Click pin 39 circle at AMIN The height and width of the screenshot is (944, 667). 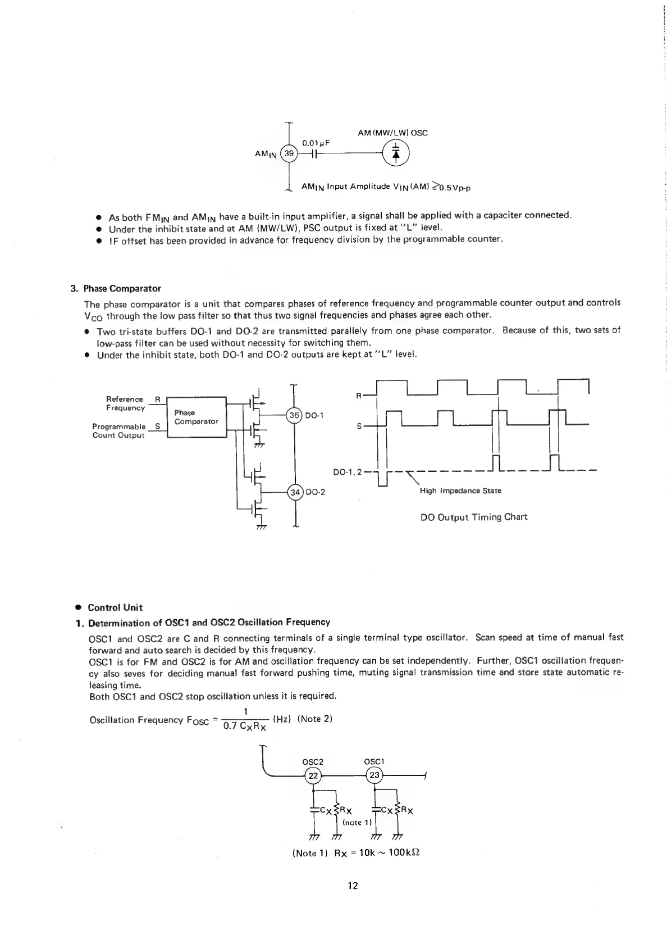tap(289, 153)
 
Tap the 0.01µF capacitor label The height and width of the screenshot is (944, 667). tap(315, 143)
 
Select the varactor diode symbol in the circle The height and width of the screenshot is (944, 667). tap(396, 153)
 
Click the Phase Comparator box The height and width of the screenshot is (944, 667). tap(196, 417)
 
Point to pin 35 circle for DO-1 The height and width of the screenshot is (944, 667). tap(294, 416)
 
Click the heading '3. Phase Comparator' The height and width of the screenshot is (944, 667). tap(116, 289)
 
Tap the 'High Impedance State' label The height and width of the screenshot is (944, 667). tap(460, 491)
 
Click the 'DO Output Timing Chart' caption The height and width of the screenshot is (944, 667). tap(474, 517)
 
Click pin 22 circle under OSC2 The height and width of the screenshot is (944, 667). tap(313, 775)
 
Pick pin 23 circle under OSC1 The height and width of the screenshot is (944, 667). tap(374, 775)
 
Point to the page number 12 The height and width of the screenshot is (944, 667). tap(353, 886)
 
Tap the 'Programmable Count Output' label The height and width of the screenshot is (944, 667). tap(119, 431)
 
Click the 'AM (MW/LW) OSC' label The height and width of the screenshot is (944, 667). tap(392, 133)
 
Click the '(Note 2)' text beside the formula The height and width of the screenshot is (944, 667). tap(315, 719)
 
